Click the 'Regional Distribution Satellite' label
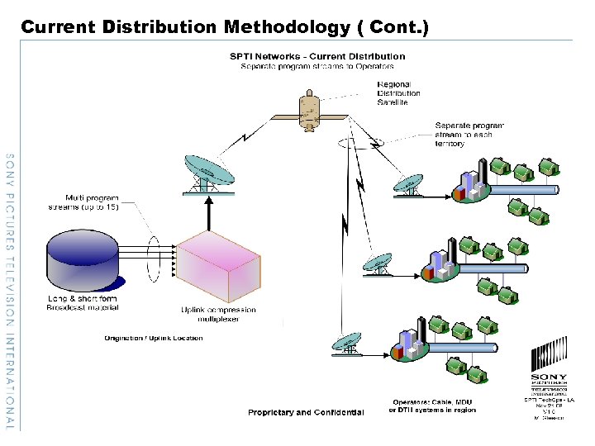coord(399,93)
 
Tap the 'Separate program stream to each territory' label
coord(469,135)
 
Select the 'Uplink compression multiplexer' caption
coord(218,315)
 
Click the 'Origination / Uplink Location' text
coord(153,339)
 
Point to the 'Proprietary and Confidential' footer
coord(306,412)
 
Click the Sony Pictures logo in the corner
coord(549,363)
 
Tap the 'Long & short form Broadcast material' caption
coord(83,303)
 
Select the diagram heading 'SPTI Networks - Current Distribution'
coord(317,56)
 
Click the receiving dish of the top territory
coord(409,185)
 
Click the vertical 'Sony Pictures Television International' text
coord(10,289)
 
